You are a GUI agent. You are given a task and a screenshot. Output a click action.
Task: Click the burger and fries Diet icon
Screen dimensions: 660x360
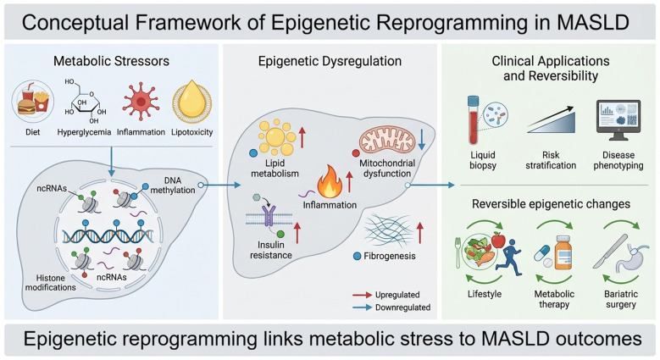[x=33, y=101]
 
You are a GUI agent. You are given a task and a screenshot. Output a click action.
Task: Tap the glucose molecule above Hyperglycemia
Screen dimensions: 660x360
[x=84, y=101]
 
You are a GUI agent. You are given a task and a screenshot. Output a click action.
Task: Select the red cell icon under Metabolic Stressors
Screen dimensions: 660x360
[x=141, y=102]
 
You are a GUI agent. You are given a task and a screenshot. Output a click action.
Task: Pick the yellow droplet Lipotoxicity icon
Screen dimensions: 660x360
[x=192, y=102]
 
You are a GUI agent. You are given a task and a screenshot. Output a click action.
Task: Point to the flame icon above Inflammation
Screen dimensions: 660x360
[x=330, y=181]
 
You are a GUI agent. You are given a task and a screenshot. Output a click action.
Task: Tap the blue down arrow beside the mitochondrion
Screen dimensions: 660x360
[x=422, y=140]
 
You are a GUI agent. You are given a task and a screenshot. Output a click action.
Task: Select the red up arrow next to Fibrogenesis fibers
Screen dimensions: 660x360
[x=419, y=233]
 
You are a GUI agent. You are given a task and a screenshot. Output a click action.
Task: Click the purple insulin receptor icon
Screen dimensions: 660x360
[x=269, y=216]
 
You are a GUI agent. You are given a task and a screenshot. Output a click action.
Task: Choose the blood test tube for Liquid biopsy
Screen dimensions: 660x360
[x=474, y=120]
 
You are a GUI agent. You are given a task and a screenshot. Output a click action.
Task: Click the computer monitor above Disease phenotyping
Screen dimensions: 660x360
[x=618, y=120]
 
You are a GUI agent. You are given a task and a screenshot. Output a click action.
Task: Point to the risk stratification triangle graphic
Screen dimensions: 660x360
[x=551, y=122]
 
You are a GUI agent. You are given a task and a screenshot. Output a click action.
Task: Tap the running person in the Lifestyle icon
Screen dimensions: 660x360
[x=508, y=258]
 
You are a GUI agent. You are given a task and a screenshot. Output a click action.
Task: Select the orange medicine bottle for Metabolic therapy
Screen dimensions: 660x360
[x=563, y=252]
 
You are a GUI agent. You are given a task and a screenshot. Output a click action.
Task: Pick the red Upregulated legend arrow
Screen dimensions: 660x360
[x=362, y=295]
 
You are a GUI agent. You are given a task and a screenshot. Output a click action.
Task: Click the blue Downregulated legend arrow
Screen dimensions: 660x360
[x=362, y=307]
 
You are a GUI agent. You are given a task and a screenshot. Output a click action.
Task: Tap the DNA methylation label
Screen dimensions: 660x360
[x=173, y=186]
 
